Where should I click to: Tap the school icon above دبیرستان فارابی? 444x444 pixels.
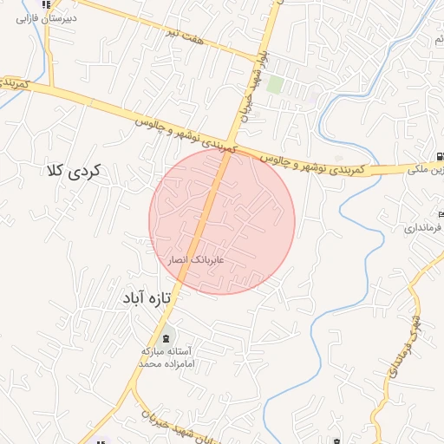(46, 4)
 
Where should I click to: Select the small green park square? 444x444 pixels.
(275, 84)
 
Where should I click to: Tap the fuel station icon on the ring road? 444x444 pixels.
(441, 156)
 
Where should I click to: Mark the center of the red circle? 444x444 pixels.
(222, 221)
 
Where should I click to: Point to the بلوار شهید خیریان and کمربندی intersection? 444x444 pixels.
(232, 148)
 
